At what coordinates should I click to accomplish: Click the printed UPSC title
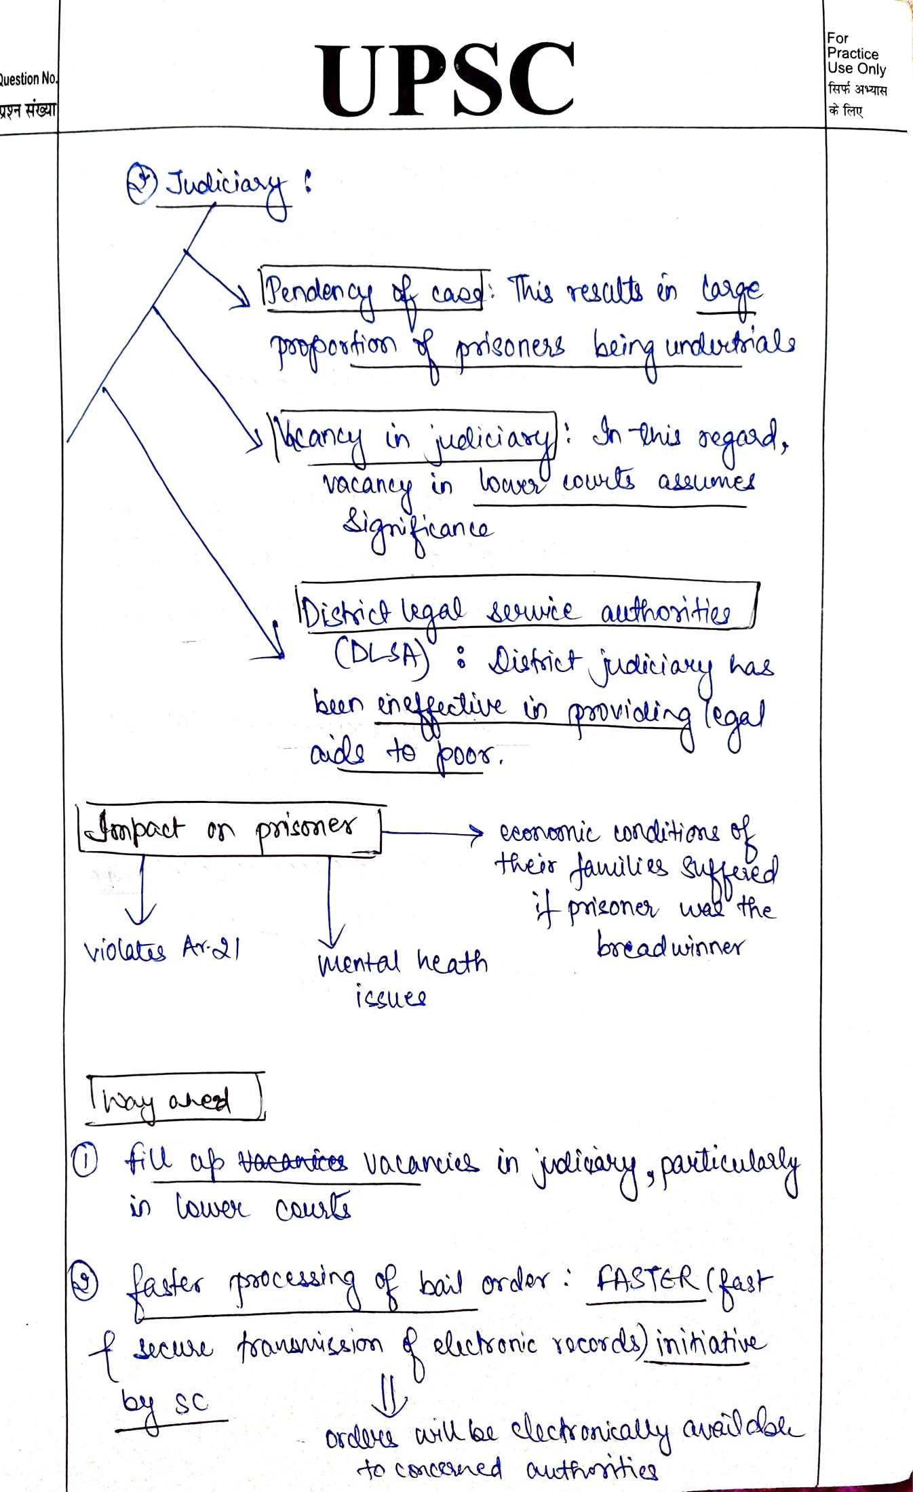pos(448,80)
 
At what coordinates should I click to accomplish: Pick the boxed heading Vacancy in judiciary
pos(415,438)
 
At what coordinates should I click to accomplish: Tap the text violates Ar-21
pos(161,949)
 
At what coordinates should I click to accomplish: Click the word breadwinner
pos(669,946)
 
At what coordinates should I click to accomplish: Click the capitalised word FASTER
pos(647,1280)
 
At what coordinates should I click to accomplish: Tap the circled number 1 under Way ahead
pos(84,1162)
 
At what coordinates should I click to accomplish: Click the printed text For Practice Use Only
pos(856,54)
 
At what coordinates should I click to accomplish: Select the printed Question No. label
pos(28,79)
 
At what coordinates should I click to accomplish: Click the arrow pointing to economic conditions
pos(434,832)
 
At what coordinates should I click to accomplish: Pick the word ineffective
pos(441,707)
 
